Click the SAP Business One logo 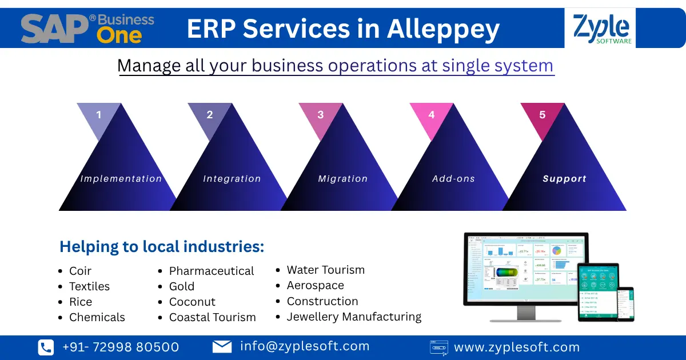tap(87, 29)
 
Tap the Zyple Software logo tap(602, 29)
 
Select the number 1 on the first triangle tap(99, 115)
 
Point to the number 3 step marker tap(320, 115)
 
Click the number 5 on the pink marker tap(542, 115)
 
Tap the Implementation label tap(121, 179)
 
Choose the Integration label tap(232, 179)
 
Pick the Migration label tap(343, 179)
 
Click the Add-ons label tap(453, 179)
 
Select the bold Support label tap(564, 179)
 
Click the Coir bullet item tap(80, 271)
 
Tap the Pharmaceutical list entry tap(212, 271)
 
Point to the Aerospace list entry tap(316, 285)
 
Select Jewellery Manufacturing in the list tap(354, 317)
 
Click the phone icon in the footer tap(46, 347)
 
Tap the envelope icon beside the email tap(222, 346)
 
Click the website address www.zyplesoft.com tap(517, 347)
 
